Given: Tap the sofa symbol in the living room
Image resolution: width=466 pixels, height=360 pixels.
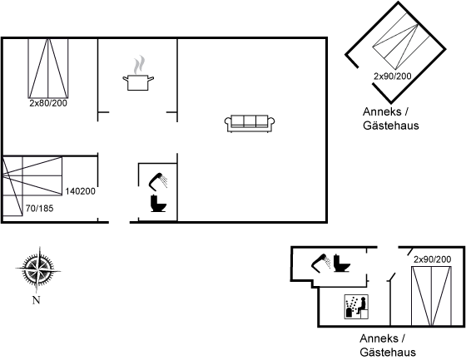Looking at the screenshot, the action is coord(250,123).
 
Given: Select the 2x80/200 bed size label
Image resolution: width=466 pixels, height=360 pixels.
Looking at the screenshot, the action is coord(48,103).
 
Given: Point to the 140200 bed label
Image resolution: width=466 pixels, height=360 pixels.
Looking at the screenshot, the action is coord(80,191).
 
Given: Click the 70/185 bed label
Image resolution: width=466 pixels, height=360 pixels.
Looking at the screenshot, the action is coord(40,209).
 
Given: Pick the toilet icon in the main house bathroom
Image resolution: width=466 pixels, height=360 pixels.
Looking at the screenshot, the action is coord(158,203).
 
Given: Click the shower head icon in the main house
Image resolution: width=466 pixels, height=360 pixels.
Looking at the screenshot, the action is coord(158,180).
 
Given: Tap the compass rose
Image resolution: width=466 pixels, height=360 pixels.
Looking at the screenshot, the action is coord(38,269).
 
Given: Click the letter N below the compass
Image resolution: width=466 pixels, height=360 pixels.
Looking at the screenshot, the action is coord(36,300).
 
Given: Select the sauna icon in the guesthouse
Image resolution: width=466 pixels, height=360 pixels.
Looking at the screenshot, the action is coord(356,307).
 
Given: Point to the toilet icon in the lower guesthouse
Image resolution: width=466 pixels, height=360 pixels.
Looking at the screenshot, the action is coord(341,263).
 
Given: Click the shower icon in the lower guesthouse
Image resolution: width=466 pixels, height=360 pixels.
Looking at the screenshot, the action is coord(321,263).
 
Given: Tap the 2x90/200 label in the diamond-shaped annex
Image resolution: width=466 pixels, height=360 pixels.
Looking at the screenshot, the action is coord(392,76).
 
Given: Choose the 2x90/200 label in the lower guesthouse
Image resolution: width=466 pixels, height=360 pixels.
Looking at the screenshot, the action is coord(432,259).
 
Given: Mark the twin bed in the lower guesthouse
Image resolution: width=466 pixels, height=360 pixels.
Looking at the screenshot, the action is coord(432,296).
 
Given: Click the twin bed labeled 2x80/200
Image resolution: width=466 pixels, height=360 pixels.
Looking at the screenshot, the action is coord(48,68).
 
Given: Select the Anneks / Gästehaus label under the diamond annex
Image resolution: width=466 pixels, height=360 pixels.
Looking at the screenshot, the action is coord(390,119).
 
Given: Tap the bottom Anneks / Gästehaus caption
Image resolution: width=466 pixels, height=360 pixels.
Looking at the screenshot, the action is coord(388,345).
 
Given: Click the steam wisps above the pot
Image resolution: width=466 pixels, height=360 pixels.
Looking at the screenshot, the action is coord(139,65).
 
